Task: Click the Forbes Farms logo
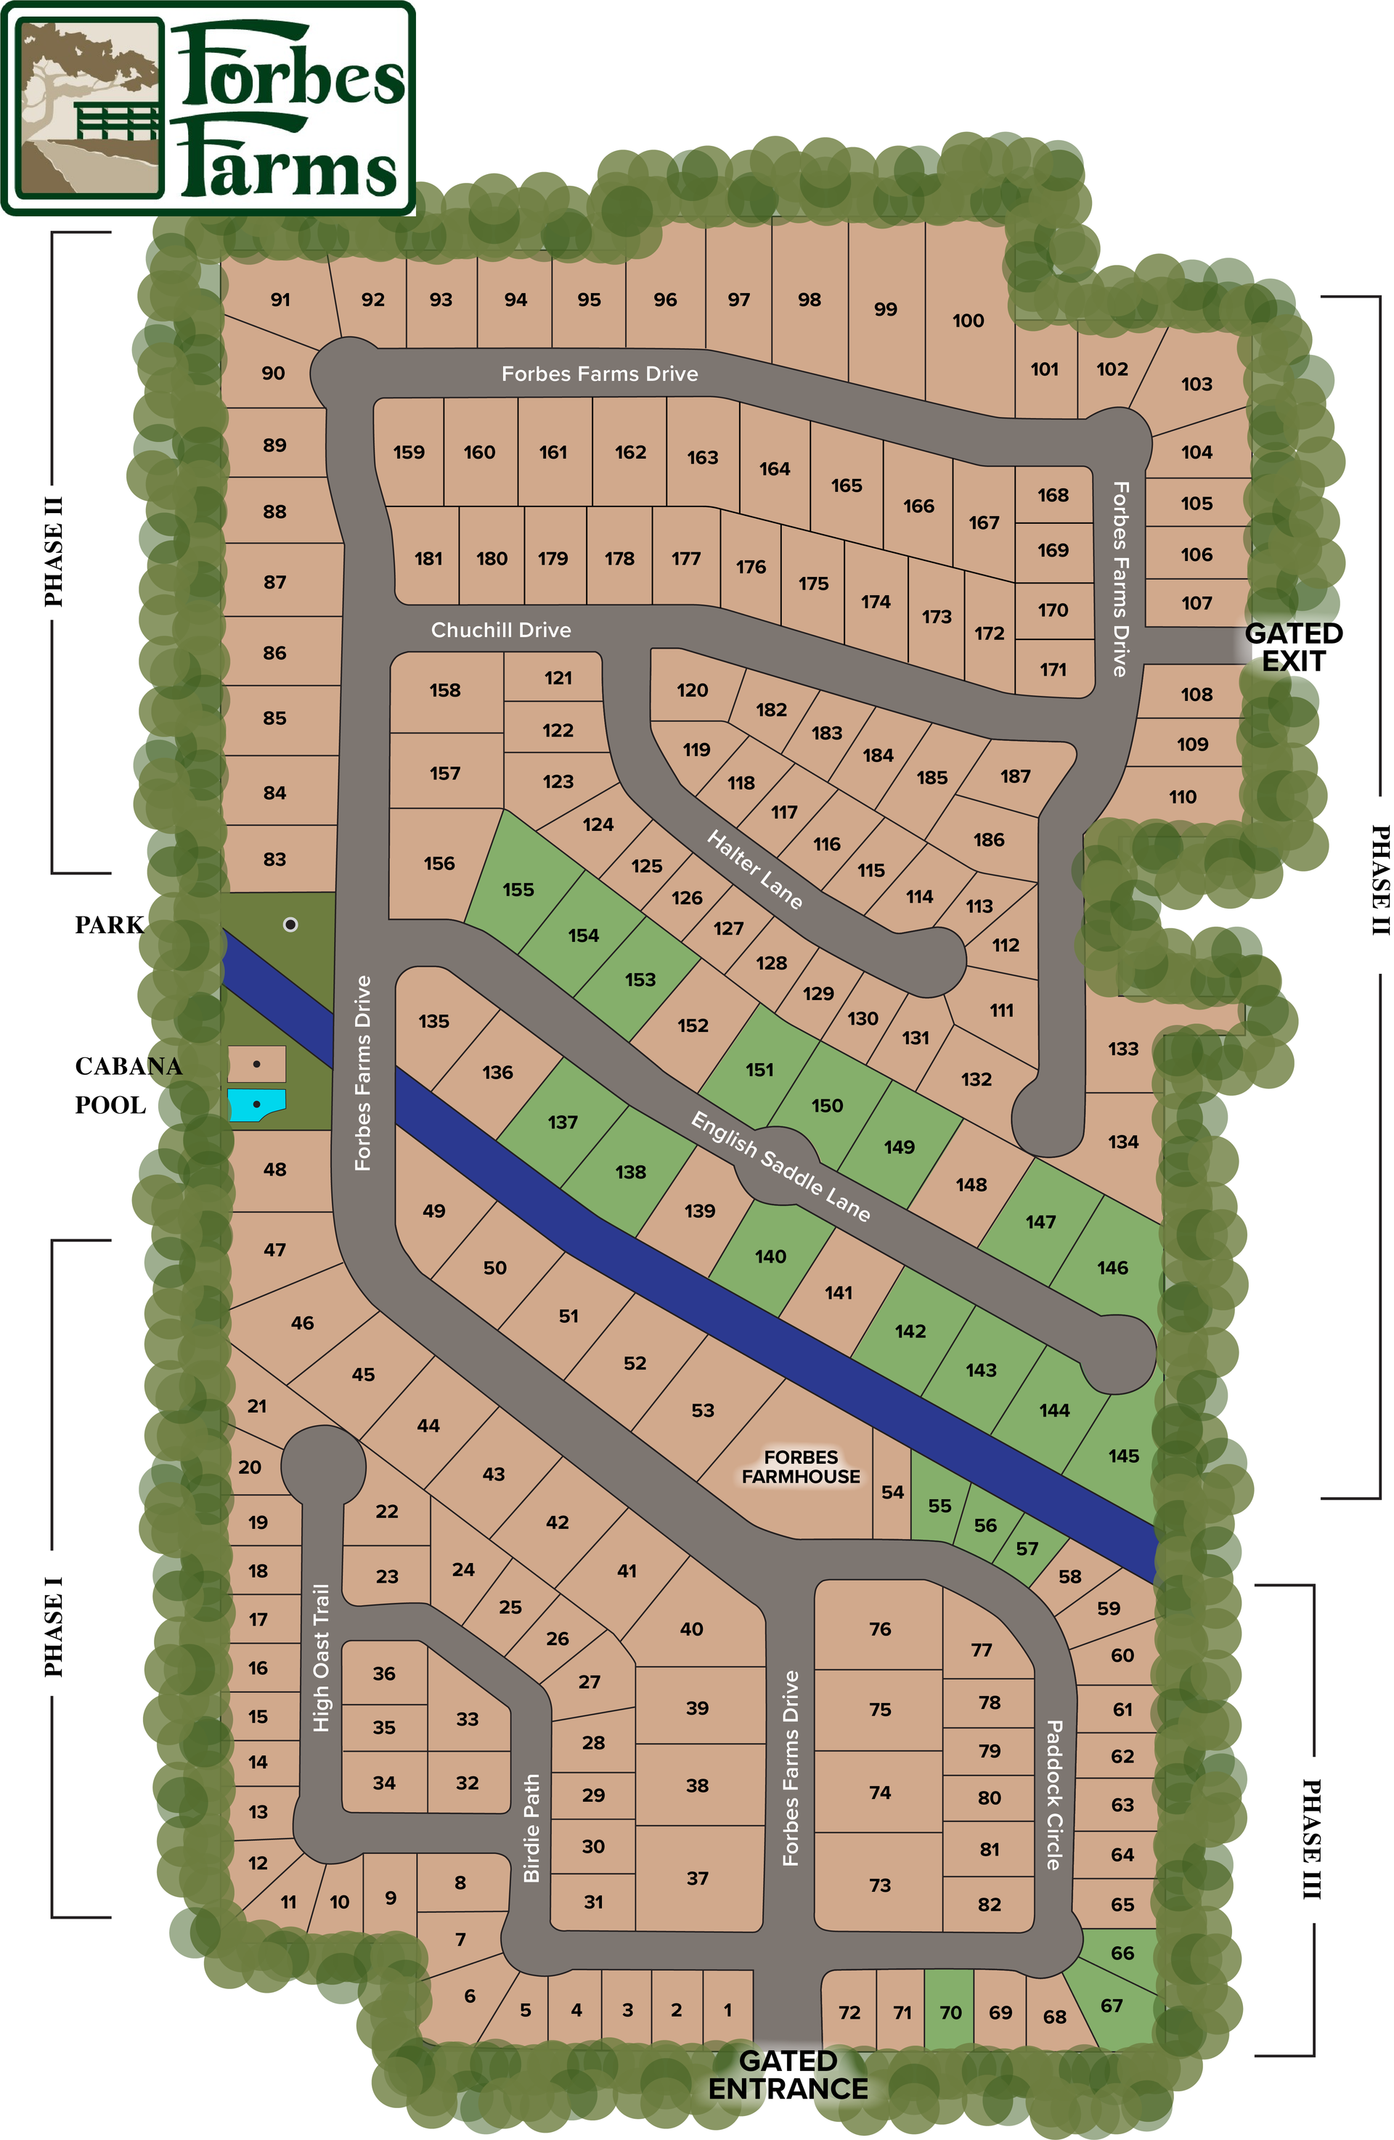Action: coord(208,109)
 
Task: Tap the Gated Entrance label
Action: coord(788,2075)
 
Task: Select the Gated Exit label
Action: coord(1292,647)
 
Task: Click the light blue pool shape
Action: coord(256,1104)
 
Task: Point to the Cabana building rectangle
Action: coord(256,1064)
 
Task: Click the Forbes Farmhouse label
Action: coord(800,1467)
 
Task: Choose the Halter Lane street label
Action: coord(754,869)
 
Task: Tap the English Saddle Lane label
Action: coord(780,1166)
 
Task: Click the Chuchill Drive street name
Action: coord(500,629)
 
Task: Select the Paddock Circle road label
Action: coord(1054,1795)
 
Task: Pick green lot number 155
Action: coord(518,889)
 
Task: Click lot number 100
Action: coord(968,321)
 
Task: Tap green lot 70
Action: coord(950,2012)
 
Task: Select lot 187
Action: coord(1016,776)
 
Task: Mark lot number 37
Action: coord(697,1878)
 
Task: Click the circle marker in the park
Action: coord(290,925)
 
